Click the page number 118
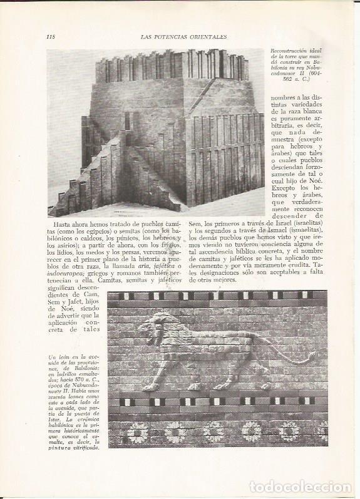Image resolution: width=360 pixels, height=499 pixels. coord(51,36)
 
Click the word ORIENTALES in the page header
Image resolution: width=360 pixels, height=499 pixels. coord(206,36)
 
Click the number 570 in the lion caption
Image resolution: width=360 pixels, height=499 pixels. coord(80,381)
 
